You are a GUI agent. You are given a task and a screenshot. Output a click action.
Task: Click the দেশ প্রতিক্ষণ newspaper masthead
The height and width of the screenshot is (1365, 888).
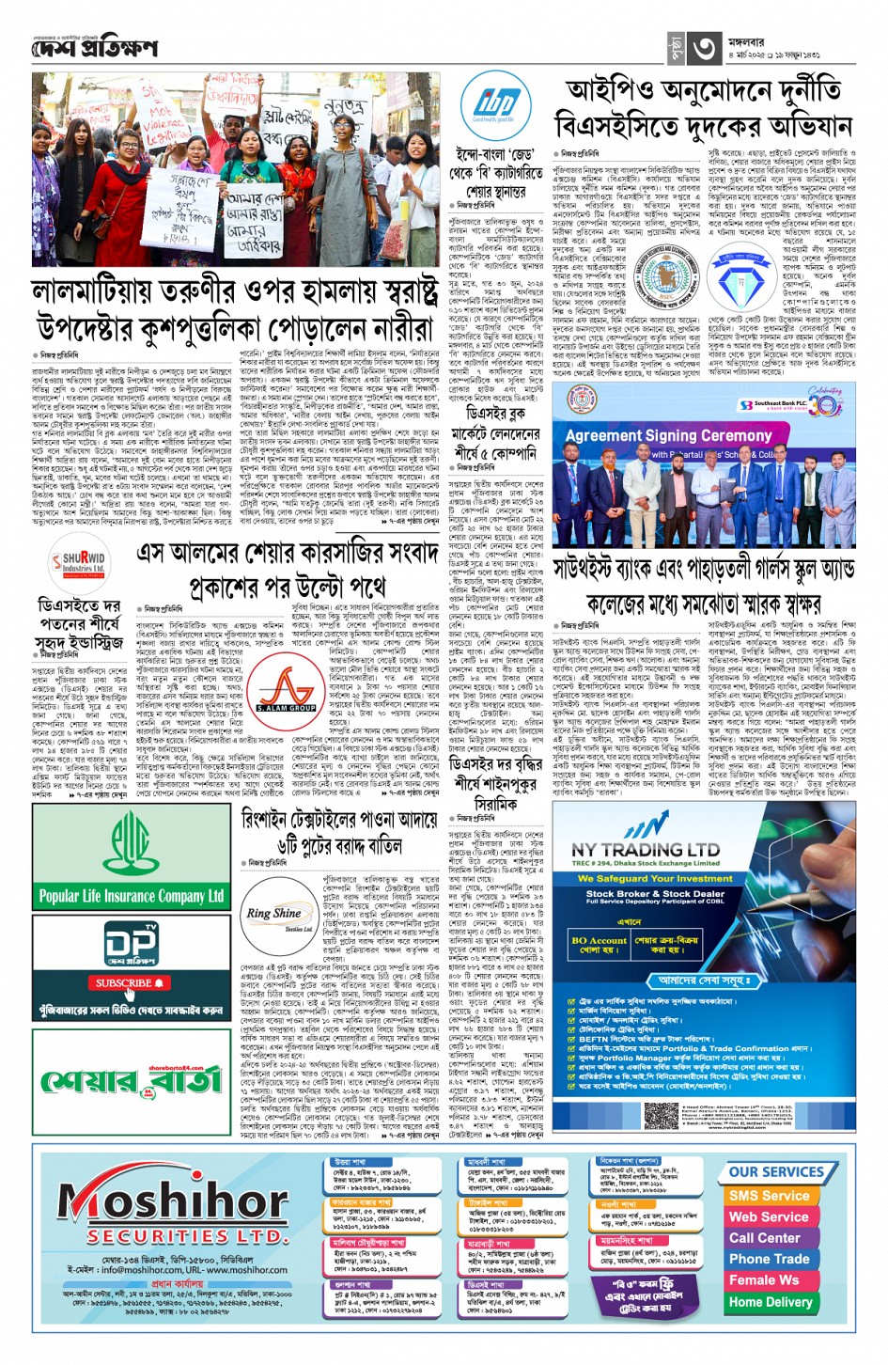click(x=95, y=48)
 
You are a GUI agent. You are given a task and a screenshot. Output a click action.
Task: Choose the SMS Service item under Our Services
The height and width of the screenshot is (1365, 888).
click(x=769, y=1196)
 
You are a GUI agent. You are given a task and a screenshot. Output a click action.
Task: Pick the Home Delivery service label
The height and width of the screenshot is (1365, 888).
click(x=771, y=1302)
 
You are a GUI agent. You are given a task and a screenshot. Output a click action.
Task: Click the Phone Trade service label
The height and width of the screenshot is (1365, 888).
click(x=769, y=1259)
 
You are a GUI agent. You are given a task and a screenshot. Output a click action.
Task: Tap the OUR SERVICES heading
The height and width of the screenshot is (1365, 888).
click(x=775, y=1172)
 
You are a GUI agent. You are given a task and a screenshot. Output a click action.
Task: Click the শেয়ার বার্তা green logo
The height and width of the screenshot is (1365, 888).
click(x=130, y=1080)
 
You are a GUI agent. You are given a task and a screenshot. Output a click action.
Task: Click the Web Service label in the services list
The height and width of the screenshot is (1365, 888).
click(x=769, y=1216)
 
